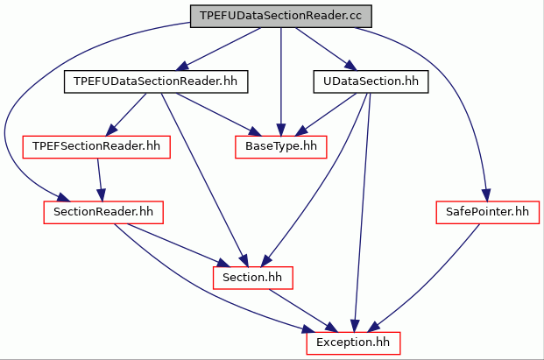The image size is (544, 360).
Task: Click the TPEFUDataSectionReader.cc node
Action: click(281, 16)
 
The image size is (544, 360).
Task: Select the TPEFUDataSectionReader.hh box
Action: click(156, 81)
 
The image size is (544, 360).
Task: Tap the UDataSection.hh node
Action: click(371, 81)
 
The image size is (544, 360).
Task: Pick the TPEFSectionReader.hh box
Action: click(96, 146)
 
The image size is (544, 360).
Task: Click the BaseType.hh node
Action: click(281, 146)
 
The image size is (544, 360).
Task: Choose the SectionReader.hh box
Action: click(103, 212)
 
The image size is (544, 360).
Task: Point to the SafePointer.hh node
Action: click(487, 212)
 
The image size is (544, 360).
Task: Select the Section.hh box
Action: click(252, 278)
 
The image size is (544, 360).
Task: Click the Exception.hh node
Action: click(353, 343)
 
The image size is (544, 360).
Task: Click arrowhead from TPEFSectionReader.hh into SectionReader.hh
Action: click(102, 195)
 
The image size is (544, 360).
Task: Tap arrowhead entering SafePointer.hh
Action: click(486, 195)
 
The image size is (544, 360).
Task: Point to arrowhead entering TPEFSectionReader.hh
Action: click(110, 131)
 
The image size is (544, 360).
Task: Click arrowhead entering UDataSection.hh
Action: click(350, 65)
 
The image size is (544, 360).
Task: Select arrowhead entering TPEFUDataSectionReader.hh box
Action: click(182, 66)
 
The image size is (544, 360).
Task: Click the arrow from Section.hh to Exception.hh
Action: click(303, 310)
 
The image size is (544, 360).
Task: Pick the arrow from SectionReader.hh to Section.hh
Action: click(179, 245)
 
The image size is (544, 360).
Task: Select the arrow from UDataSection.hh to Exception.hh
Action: click(362, 212)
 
